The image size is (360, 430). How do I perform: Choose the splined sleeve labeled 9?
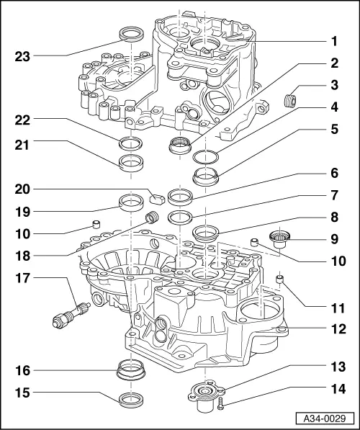(x=278, y=238)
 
